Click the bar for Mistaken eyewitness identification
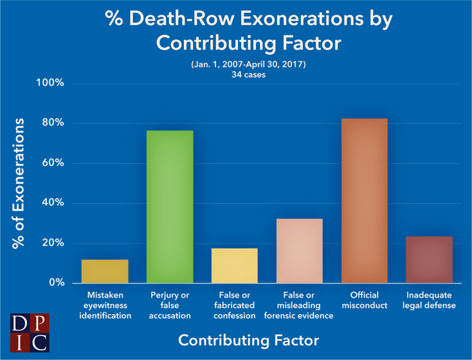pyautogui.click(x=105, y=271)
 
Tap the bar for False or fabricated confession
pyautogui.click(x=235, y=265)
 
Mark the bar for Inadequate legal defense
pyautogui.click(x=429, y=260)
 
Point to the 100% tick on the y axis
pyautogui.click(x=50, y=84)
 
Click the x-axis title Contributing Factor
pyautogui.click(x=248, y=339)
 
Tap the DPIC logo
pyautogui.click(x=29, y=332)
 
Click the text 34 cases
pyautogui.click(x=248, y=75)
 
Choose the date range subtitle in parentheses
pyautogui.click(x=248, y=66)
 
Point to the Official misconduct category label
pyautogui.click(x=365, y=300)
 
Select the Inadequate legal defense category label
pyautogui.click(x=429, y=300)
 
